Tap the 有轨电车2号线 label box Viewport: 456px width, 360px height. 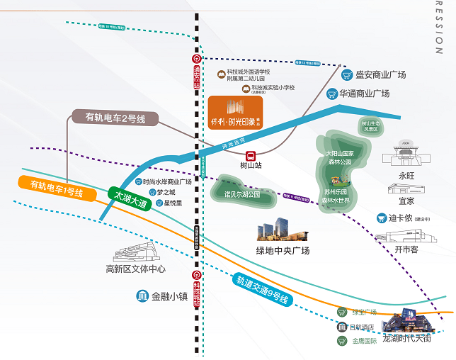[x=115, y=118]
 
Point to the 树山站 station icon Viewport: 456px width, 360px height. [x=250, y=156]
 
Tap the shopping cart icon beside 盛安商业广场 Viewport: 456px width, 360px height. [x=347, y=74]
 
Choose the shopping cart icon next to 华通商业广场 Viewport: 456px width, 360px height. [x=331, y=93]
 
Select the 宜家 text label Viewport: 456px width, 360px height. [x=406, y=201]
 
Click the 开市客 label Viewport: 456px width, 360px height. [x=406, y=250]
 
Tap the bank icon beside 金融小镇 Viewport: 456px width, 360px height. [x=142, y=296]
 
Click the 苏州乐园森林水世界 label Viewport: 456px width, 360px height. [x=336, y=196]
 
